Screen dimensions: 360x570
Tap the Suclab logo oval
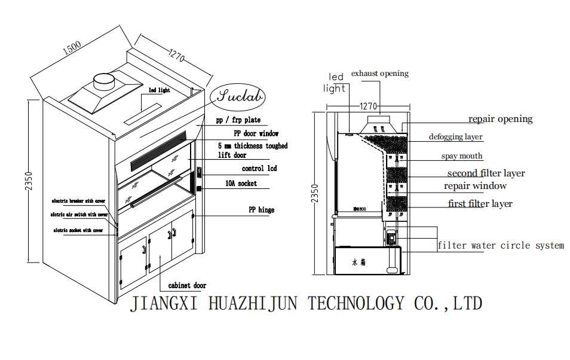(x=238, y=96)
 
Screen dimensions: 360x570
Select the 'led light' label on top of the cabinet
(x=159, y=90)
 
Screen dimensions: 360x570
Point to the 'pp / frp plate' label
(x=238, y=120)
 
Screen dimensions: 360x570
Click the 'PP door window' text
(x=256, y=133)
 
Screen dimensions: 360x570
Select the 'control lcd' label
(x=259, y=169)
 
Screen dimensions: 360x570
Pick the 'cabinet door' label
(x=187, y=286)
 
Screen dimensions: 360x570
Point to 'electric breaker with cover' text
(x=79, y=200)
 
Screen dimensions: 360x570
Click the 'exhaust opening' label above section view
(x=380, y=74)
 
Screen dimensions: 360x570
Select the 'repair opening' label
(x=500, y=119)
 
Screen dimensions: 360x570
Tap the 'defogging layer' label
(x=455, y=137)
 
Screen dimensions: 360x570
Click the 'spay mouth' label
(x=462, y=156)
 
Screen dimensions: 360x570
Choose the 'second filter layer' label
(x=486, y=173)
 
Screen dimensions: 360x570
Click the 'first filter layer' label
(x=480, y=204)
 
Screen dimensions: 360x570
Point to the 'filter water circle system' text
(x=500, y=245)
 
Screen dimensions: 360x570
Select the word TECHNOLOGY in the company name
(x=356, y=303)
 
